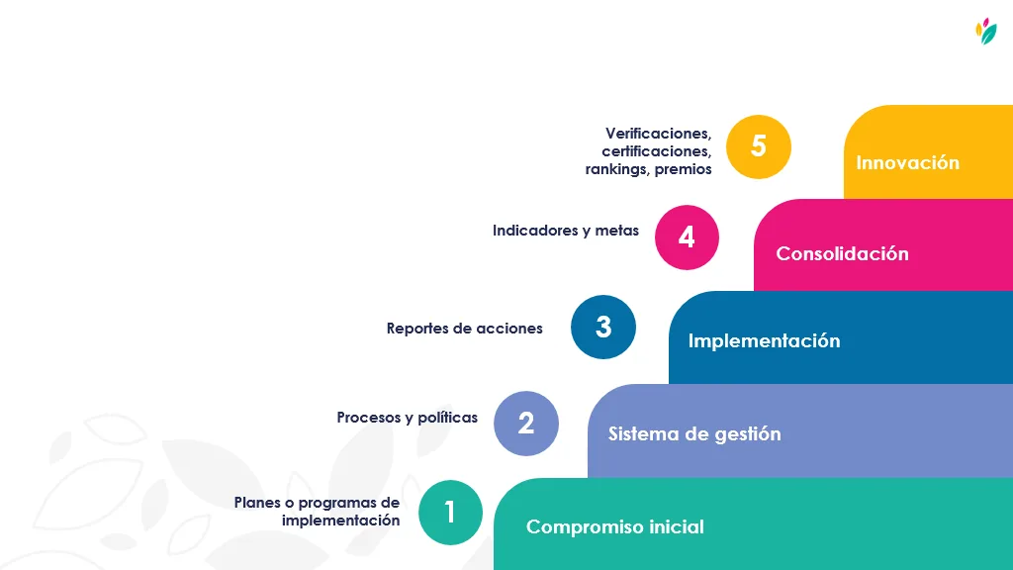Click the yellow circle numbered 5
tap(759, 146)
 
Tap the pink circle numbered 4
tap(687, 237)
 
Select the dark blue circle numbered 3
tap(603, 327)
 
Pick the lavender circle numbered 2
tap(526, 424)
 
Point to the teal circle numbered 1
tap(450, 513)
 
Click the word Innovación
tap(908, 162)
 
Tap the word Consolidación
tap(843, 253)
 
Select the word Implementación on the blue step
tap(765, 340)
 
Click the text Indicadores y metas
tap(566, 230)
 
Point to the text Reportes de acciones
tap(465, 329)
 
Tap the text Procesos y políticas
tap(407, 418)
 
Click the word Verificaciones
tap(658, 134)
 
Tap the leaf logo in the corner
tap(986, 31)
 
